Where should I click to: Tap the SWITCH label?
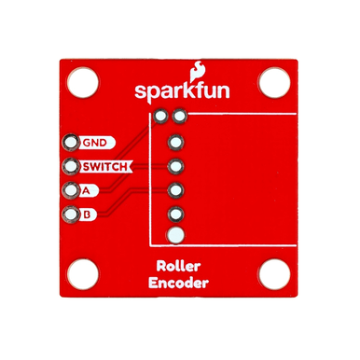click(104, 168)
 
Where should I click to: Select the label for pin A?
click(87, 191)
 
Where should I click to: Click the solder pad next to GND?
click(70, 144)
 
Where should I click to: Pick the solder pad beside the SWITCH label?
click(70, 168)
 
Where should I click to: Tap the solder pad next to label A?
click(70, 191)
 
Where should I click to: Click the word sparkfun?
click(178, 93)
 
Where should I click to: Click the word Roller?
click(179, 268)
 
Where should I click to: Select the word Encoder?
click(179, 285)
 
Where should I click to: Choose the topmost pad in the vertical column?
click(175, 145)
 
